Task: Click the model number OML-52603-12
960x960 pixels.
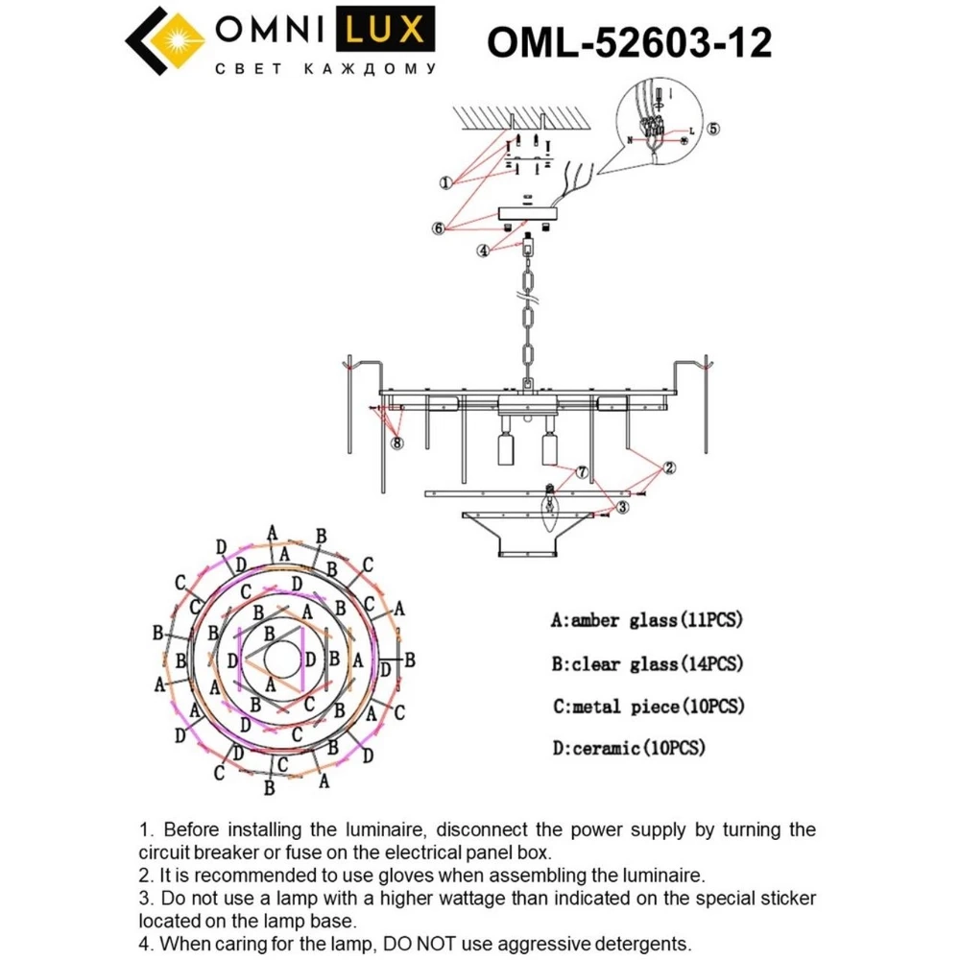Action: point(629,42)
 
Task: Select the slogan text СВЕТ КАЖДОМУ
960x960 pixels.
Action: point(324,69)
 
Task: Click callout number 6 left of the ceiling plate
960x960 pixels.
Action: point(439,228)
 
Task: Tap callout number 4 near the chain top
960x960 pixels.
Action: point(485,252)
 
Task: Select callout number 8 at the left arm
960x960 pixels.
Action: point(397,443)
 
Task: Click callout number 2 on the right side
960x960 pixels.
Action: point(668,468)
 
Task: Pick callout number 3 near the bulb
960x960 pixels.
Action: point(623,507)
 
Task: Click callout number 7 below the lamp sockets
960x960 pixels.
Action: point(581,472)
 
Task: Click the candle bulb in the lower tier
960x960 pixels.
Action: point(550,508)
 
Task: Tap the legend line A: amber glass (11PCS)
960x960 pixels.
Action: point(647,620)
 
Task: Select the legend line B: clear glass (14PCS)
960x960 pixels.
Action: point(647,663)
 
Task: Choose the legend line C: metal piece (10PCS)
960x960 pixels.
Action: point(648,707)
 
